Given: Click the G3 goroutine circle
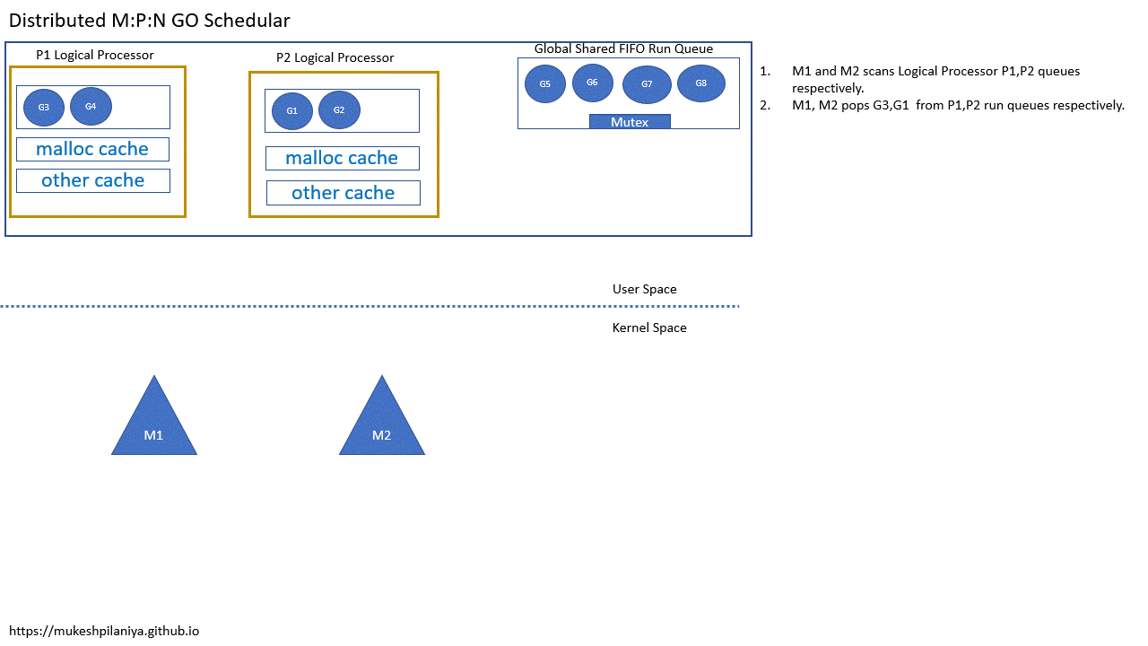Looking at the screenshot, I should (44, 108).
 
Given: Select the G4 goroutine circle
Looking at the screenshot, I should (91, 107).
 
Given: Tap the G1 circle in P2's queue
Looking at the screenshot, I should (291, 111).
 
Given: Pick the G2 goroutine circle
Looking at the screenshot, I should (339, 110).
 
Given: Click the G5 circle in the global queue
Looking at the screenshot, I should (545, 83).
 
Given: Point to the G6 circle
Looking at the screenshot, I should (592, 83).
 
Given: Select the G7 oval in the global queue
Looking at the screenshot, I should (647, 84).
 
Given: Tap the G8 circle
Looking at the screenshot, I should (701, 83).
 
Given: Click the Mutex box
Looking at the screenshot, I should (630, 122).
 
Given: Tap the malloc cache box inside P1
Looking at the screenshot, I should (92, 149).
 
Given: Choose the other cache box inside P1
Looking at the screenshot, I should (93, 180).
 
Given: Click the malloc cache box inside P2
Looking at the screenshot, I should (342, 158).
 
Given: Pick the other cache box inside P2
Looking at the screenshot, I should (343, 193).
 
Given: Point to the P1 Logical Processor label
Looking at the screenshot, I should (94, 55).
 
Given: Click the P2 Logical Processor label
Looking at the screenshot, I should (335, 57).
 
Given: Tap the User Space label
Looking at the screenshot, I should (644, 289).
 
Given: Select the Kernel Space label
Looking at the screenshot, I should (649, 327).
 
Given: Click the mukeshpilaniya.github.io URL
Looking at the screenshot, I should (104, 631).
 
